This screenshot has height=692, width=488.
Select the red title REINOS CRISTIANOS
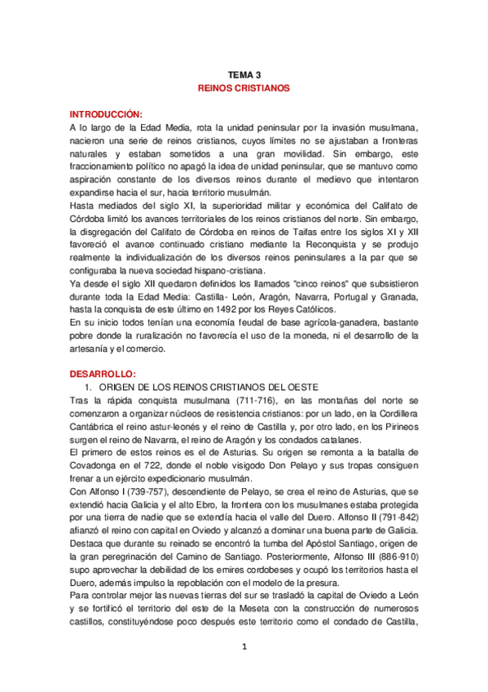[x=244, y=87]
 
